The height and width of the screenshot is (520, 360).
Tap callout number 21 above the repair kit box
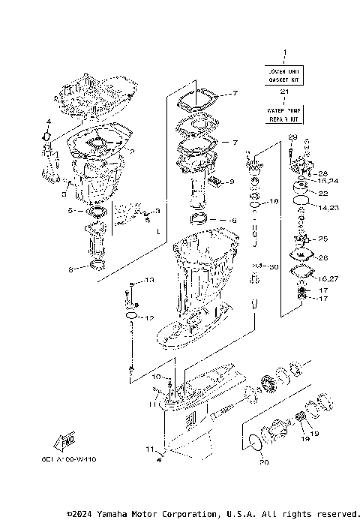click(284, 92)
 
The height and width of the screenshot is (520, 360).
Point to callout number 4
click(47, 122)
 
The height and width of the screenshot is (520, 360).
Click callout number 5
click(70, 212)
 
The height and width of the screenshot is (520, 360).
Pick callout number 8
click(71, 269)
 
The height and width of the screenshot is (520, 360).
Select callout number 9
click(232, 182)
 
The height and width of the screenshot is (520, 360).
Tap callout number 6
click(233, 221)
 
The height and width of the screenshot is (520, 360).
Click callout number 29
click(292, 136)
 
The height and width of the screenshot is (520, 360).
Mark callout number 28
click(323, 173)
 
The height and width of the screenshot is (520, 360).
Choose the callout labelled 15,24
click(328, 181)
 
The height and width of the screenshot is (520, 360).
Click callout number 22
click(323, 193)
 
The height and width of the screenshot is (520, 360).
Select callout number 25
click(323, 239)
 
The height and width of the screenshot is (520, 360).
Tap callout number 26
click(323, 258)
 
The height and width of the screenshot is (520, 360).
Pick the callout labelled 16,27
click(328, 278)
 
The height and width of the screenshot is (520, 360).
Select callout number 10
click(156, 376)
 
